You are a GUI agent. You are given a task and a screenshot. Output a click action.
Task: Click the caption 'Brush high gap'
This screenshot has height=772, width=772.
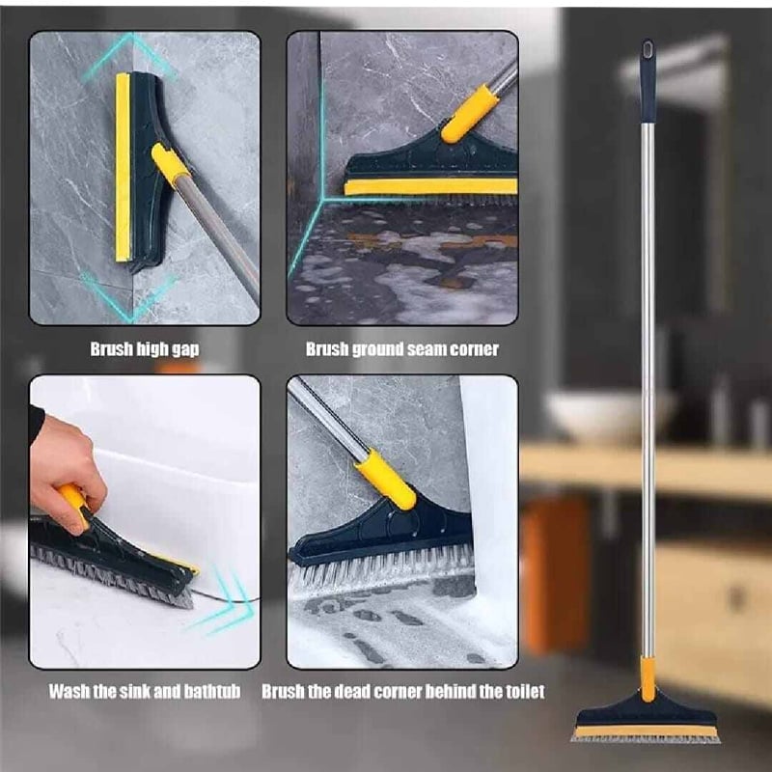[x=145, y=349]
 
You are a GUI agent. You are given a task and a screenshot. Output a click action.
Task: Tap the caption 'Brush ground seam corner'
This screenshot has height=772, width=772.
[x=401, y=349]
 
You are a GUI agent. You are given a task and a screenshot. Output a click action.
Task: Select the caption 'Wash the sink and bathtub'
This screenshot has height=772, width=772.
[x=145, y=691]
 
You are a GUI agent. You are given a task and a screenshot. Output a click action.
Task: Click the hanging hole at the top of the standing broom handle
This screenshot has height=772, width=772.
[x=648, y=49]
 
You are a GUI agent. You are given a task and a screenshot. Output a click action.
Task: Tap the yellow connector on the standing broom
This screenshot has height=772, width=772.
[x=648, y=679]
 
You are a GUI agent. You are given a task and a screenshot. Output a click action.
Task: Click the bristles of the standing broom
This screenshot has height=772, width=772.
[x=646, y=739]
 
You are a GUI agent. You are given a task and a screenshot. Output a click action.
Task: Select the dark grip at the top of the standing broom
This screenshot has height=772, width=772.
[x=648, y=81]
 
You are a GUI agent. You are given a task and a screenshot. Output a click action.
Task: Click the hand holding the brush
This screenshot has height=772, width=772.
[x=66, y=473]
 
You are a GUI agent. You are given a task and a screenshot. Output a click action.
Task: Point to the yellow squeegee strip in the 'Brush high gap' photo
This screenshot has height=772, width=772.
[x=124, y=167]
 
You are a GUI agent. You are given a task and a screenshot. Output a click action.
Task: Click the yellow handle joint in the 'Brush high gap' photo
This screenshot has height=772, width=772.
[x=171, y=164]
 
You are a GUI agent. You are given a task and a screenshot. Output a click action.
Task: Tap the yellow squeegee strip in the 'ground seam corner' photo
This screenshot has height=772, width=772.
[x=430, y=186]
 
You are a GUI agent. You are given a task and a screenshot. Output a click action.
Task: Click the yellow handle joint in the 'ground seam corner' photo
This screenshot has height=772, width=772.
[x=469, y=114]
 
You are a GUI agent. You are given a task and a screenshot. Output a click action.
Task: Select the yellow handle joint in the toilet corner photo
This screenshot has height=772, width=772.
[x=386, y=479]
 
